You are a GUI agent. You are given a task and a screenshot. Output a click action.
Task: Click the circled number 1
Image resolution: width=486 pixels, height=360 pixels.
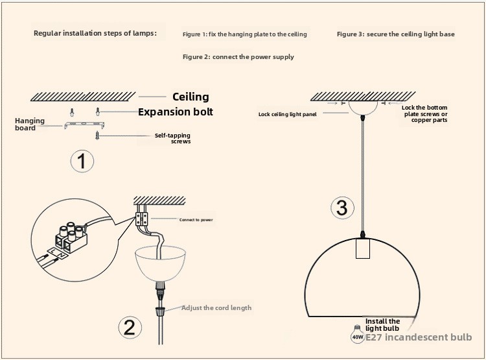coord(82,161)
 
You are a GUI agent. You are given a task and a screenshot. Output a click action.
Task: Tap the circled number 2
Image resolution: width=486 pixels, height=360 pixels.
coord(130,328)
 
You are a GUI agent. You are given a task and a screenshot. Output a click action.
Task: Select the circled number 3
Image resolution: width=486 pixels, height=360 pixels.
coord(342,208)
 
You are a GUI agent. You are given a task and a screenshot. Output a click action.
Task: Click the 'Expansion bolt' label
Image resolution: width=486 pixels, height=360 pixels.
coord(176,112)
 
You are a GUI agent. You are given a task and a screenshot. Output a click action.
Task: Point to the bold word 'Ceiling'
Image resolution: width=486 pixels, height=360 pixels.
coord(191,97)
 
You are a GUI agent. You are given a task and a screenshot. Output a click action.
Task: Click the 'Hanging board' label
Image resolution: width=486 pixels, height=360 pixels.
coord(30,124)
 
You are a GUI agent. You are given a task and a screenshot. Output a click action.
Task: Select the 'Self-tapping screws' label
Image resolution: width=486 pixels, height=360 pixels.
coord(172,138)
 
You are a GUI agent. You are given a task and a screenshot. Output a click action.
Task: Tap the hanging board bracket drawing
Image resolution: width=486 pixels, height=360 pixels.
coord(84,125)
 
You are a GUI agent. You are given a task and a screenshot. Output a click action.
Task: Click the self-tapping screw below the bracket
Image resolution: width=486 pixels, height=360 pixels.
coord(97,136)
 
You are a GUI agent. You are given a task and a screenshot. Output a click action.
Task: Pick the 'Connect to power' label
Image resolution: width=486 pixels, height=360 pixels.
coord(196,220)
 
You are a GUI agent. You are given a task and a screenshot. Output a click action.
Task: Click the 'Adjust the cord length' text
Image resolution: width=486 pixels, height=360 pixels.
coord(216,308)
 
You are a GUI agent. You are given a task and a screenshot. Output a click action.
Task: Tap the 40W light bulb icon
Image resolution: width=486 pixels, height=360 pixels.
coord(357,334)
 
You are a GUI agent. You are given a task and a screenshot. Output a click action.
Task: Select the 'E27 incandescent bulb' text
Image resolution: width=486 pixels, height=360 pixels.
coord(419,337)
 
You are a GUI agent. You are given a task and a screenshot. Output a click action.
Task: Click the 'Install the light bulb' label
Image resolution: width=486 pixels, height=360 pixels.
coord(382,325)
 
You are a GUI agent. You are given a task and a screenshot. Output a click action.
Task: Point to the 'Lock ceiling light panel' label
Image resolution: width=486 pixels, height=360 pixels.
coord(287,114)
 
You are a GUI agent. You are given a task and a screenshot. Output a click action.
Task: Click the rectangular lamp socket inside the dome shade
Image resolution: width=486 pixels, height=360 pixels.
coord(363,248)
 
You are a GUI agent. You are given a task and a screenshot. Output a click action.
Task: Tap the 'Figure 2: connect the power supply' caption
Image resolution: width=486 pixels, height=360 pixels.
coord(238,57)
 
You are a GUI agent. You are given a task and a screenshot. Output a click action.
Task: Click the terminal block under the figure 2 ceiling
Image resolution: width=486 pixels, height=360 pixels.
coord(141,219)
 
